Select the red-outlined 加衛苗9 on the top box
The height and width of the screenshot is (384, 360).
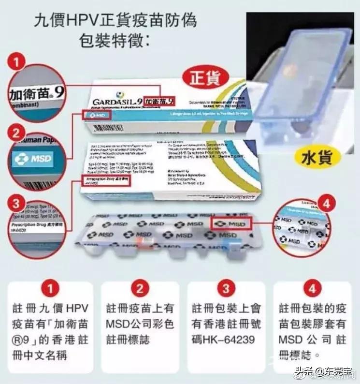[160, 102]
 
